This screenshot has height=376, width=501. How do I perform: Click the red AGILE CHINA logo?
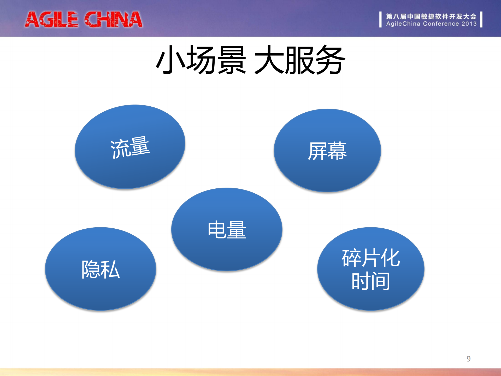pyautogui.click(x=84, y=19)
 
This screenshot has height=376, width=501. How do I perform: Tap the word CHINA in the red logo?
pyautogui.click(x=113, y=19)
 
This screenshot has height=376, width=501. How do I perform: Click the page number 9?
pyautogui.click(x=468, y=359)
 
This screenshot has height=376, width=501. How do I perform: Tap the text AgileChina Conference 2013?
pyautogui.click(x=431, y=24)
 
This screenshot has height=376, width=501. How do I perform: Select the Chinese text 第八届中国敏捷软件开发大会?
pyautogui.click(x=431, y=16)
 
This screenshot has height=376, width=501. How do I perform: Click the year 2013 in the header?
pyautogui.click(x=469, y=24)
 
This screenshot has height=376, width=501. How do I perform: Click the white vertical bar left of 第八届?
pyautogui.click(x=380, y=19)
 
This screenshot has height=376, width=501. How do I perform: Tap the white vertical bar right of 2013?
pyautogui.click(x=481, y=19)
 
